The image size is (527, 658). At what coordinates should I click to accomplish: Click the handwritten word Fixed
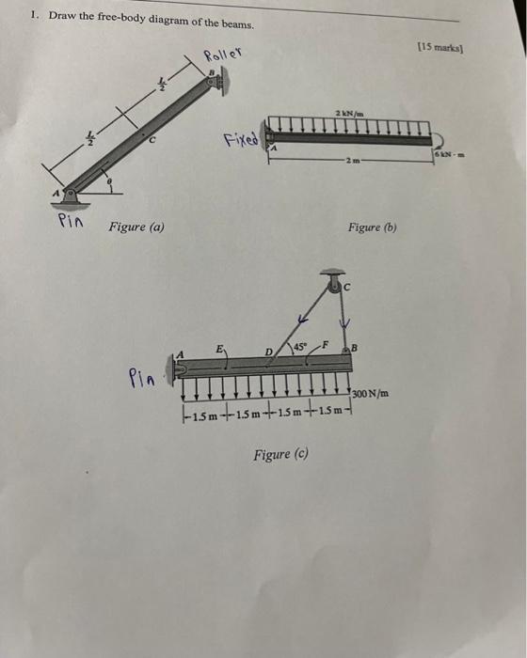click(241, 140)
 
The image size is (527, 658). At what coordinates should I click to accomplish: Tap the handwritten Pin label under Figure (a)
click(70, 223)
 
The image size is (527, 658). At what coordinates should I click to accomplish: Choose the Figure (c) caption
click(280, 455)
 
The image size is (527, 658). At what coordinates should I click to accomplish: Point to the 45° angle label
click(301, 346)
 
